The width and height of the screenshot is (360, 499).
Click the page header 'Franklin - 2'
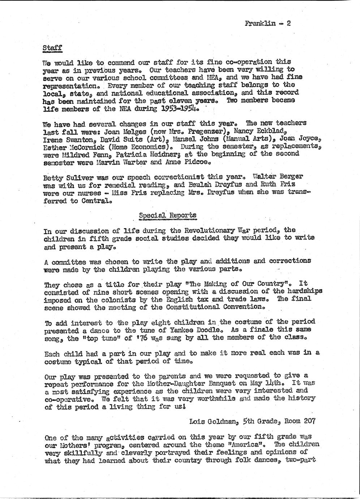(267, 24)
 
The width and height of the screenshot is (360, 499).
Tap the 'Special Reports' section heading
(168, 216)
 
